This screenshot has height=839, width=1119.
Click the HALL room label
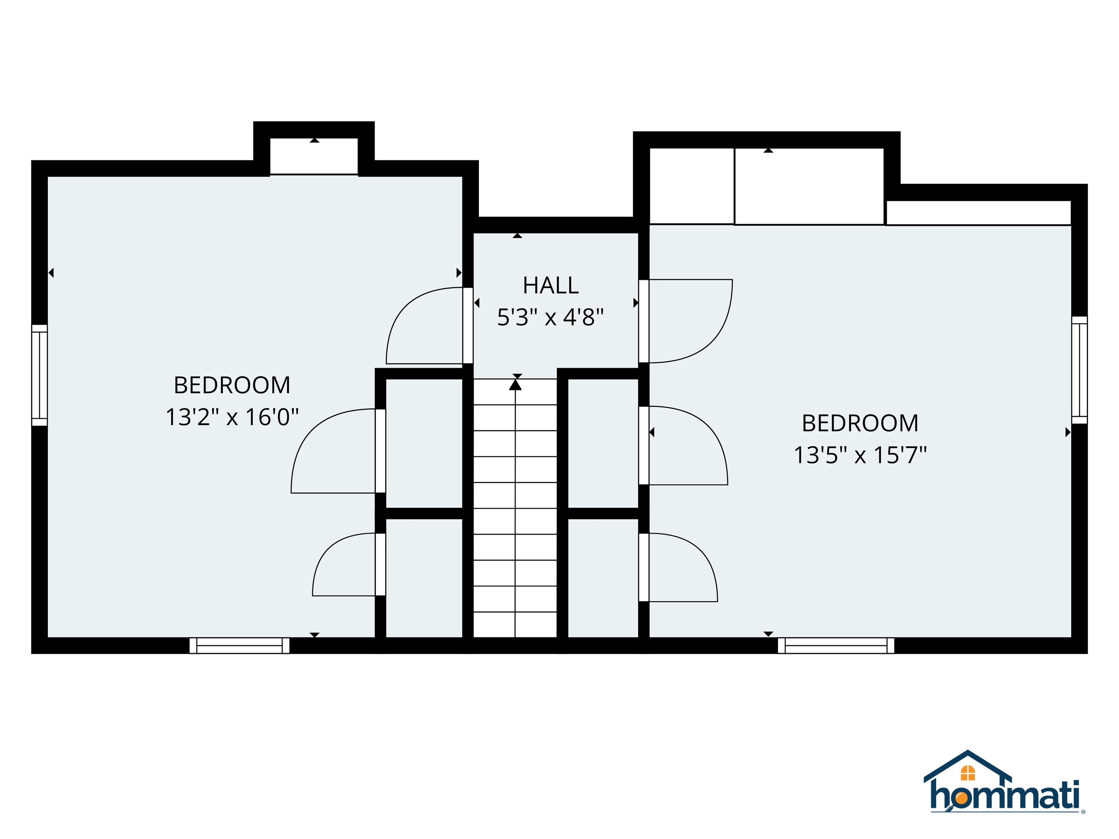(550, 286)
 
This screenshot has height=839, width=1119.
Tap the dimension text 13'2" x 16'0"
(232, 418)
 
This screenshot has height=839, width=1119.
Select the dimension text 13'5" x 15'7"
(860, 455)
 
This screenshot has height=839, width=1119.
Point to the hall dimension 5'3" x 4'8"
(550, 318)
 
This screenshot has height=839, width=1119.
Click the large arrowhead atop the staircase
(515, 385)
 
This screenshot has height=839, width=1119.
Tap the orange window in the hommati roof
(968, 772)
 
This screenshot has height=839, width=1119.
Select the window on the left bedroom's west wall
(39, 375)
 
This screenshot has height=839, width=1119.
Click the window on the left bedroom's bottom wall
(239, 645)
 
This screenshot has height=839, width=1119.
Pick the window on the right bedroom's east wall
(1079, 370)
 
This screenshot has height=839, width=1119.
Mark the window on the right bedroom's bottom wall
(836, 645)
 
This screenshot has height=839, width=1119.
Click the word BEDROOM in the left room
(232, 385)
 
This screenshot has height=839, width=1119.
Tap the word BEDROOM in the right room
(860, 423)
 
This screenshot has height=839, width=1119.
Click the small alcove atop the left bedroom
(314, 156)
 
